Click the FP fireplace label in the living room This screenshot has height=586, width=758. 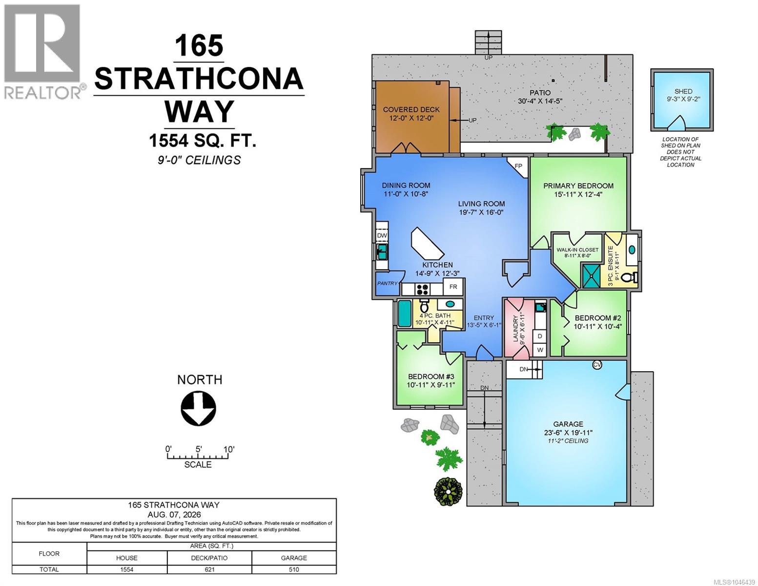tap(518, 166)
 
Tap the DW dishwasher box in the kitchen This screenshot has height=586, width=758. tap(382, 235)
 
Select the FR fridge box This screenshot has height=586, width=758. tap(453, 287)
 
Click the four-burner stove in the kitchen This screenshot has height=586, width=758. tap(422, 289)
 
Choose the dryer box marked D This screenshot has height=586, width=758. tap(540, 336)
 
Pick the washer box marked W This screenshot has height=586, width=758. tap(540, 350)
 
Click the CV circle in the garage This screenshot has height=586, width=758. tap(597, 365)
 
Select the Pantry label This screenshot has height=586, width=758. tap(387, 283)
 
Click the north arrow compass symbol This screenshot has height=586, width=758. tap(198, 408)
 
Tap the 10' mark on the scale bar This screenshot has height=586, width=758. tap(229, 449)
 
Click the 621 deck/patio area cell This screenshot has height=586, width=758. tap(210, 569)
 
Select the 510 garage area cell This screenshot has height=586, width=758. tap(294, 569)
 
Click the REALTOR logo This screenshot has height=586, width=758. tap(42, 51)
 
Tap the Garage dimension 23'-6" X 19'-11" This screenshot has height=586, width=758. tap(568, 433)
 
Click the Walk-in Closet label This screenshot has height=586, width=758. tap(577, 250)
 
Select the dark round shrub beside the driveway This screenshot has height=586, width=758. tap(448, 491)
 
